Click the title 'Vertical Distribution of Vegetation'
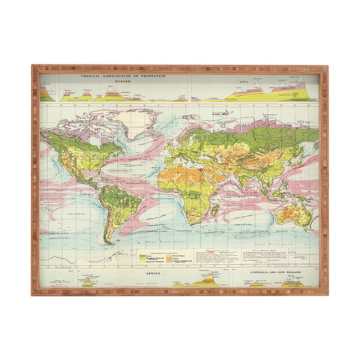coord(112,75)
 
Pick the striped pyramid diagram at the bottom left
coord(87,283)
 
